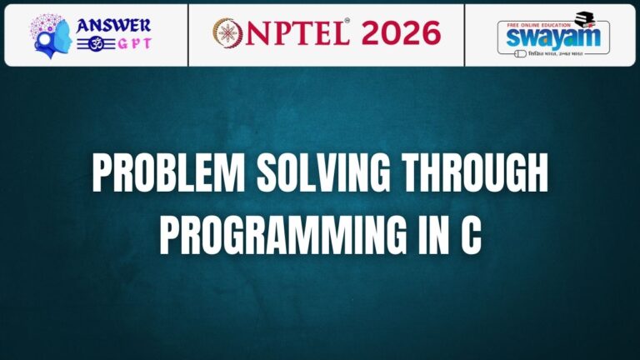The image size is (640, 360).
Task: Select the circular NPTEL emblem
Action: tap(227, 34)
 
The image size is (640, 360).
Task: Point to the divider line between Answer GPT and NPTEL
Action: tap(189, 34)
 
